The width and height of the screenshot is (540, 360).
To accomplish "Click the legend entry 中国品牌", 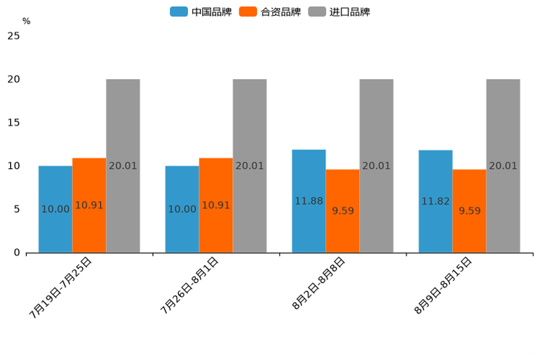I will [x=201, y=12].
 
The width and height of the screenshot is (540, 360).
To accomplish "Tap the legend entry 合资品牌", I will [x=270, y=12].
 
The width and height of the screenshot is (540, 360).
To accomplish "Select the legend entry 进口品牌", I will [x=339, y=12].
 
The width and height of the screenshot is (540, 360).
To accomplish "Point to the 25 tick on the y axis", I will [x=14, y=36].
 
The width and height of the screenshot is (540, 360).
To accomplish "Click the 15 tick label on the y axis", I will [x=14, y=123].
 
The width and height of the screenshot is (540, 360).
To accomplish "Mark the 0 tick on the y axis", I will [x=17, y=253].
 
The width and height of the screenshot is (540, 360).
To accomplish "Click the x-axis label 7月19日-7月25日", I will [x=61, y=287].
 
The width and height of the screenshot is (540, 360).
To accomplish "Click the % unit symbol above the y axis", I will [x=26, y=21].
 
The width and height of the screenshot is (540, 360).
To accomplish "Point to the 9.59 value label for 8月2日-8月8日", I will [x=343, y=210].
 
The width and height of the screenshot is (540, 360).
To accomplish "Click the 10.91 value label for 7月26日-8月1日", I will [x=216, y=205].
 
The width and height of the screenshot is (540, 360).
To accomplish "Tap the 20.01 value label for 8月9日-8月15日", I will [x=503, y=165].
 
